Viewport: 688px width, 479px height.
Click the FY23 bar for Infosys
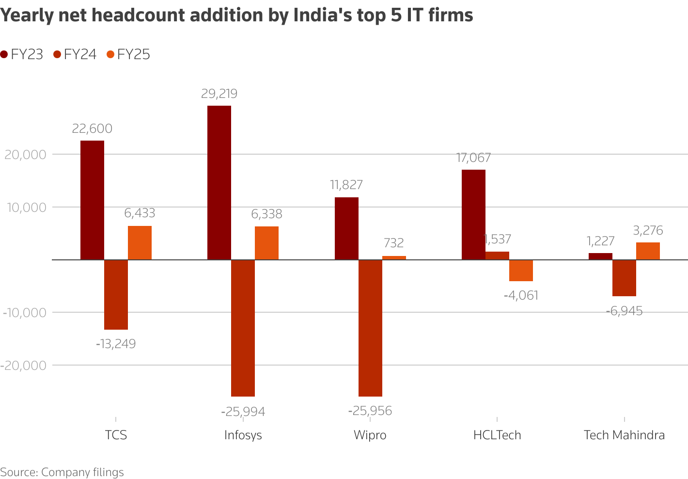tap(219, 182)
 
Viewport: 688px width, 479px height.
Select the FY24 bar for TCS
tap(116, 294)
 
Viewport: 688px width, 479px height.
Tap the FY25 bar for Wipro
tap(394, 257)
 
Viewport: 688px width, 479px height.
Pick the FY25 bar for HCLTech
tap(521, 270)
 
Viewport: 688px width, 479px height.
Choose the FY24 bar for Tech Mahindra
tap(624, 278)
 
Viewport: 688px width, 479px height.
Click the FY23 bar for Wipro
tap(346, 228)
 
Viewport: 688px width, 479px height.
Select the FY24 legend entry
tap(75, 54)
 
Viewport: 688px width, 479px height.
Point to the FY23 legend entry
tap(22, 54)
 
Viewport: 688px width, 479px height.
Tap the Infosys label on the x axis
tap(243, 435)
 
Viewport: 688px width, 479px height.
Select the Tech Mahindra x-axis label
tap(624, 435)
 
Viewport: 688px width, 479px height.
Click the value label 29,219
tap(219, 94)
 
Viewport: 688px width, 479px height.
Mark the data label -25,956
tap(370, 411)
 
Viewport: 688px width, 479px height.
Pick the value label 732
tap(393, 243)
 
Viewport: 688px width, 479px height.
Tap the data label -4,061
tap(521, 295)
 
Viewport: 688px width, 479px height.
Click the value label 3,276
tap(648, 230)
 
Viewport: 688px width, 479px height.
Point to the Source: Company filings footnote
tap(62, 472)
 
